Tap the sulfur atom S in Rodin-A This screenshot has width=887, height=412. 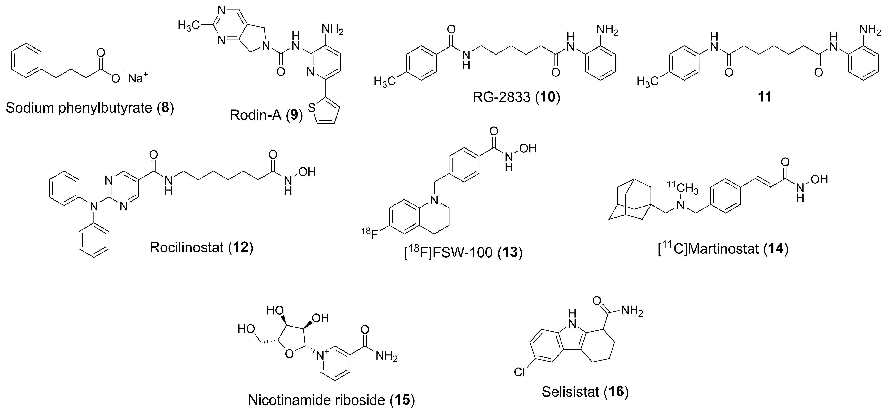312,108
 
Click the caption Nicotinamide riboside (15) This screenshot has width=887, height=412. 331,400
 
